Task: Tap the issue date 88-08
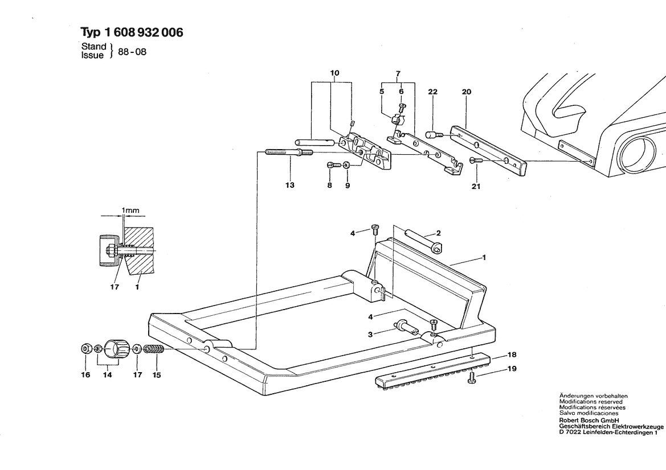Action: point(132,52)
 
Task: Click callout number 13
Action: point(289,185)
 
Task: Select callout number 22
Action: point(432,92)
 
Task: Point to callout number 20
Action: point(467,92)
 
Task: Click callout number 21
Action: point(476,186)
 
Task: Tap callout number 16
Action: point(86,374)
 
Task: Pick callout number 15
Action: point(157,374)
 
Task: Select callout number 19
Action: point(512,368)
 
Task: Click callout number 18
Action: point(512,354)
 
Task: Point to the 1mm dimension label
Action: point(130,210)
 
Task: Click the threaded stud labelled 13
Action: point(289,152)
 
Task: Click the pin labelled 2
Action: point(424,241)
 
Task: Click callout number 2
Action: point(438,233)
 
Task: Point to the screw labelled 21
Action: point(476,160)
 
